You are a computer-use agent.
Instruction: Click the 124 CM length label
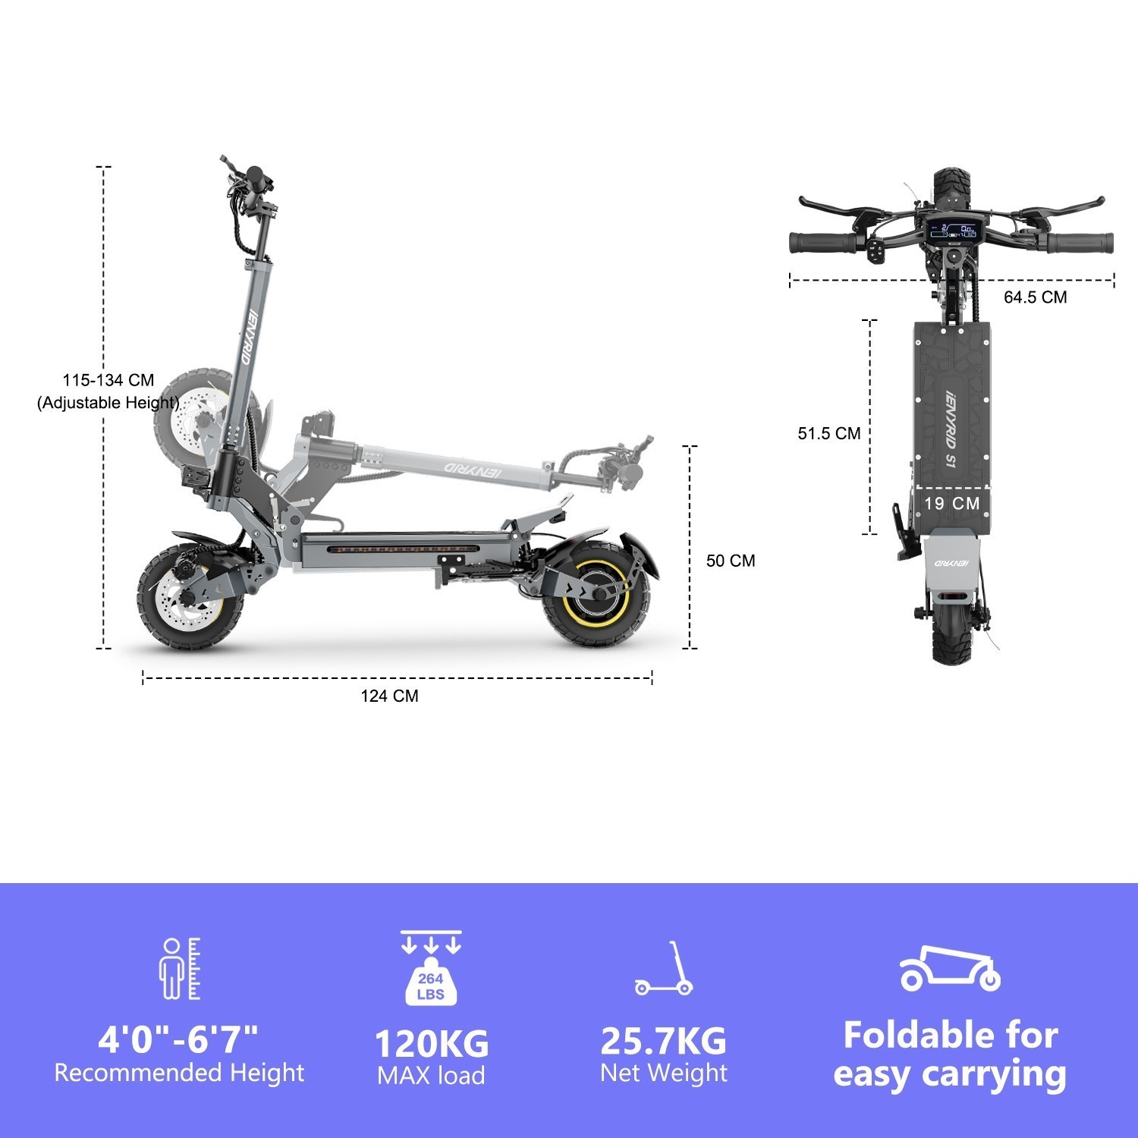point(389,696)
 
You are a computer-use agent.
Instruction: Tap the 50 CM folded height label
point(731,561)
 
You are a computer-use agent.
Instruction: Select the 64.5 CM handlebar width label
point(1035,297)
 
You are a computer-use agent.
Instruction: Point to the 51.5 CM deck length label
point(828,433)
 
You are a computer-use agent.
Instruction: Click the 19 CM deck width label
point(951,503)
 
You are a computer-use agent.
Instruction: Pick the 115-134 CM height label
point(108,381)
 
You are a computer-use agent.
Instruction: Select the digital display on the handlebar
point(954,229)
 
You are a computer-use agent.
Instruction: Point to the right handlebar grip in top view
point(1080,243)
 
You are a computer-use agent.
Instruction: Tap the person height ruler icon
point(180,969)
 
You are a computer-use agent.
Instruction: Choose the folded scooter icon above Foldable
point(950,969)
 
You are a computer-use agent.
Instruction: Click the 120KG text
point(432,1043)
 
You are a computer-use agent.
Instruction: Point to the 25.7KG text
point(663,1041)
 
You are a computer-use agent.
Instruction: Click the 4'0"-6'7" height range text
point(178,1038)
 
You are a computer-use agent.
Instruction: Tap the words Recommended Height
point(179,1073)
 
